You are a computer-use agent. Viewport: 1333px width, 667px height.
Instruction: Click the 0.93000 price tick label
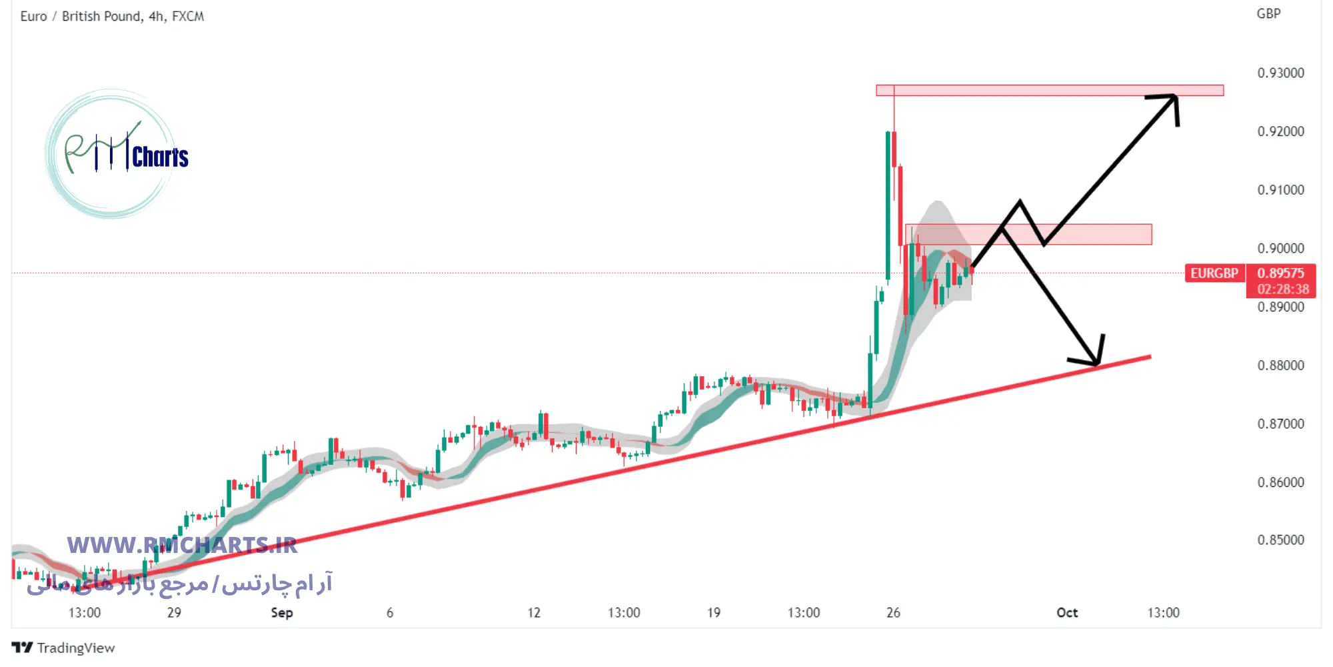pyautogui.click(x=1280, y=73)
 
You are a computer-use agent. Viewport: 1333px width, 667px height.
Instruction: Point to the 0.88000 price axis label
pyautogui.click(x=1280, y=366)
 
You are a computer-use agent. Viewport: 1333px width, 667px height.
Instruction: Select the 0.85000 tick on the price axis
pyautogui.click(x=1280, y=540)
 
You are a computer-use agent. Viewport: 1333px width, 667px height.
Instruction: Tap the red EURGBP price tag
pyautogui.click(x=1214, y=273)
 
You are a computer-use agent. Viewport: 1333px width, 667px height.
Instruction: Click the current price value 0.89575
pyautogui.click(x=1280, y=273)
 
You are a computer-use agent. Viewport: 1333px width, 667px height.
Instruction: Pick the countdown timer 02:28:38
pyautogui.click(x=1282, y=289)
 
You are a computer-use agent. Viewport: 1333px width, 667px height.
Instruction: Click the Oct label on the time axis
pyautogui.click(x=1067, y=612)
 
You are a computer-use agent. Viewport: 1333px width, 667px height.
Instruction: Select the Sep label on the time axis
pyautogui.click(x=282, y=612)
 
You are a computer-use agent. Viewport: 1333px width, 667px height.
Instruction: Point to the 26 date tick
pyautogui.click(x=893, y=612)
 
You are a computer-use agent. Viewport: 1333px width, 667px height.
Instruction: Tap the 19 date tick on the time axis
pyautogui.click(x=713, y=612)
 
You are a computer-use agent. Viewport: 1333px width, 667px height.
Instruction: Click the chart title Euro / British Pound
pyautogui.click(x=81, y=16)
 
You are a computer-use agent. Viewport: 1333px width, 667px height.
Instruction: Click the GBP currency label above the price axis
pyautogui.click(x=1268, y=13)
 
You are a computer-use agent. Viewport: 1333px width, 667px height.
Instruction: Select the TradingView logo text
pyautogui.click(x=75, y=648)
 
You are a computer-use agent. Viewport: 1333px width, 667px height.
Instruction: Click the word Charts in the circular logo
pyautogui.click(x=160, y=157)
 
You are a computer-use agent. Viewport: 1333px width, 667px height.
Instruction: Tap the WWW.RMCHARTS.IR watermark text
pyautogui.click(x=182, y=546)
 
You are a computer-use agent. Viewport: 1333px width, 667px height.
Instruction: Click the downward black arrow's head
pyautogui.click(x=1096, y=362)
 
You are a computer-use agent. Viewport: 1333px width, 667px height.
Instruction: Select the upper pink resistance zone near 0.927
pyautogui.click(x=1050, y=90)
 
